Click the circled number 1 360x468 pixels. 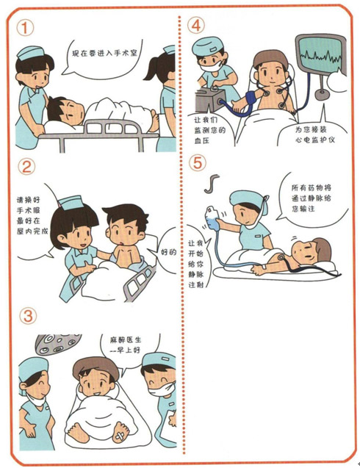tap(25, 28)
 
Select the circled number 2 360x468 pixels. tap(26, 167)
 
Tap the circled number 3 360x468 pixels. tap(28, 316)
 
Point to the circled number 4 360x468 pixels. tap(196, 25)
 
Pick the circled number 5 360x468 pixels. tap(198, 162)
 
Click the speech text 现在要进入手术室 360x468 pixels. tap(104, 53)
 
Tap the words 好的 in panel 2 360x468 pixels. tap(169, 252)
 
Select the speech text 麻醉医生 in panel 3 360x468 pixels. tap(126, 340)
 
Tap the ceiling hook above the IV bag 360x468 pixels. tap(212, 183)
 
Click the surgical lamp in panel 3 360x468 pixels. tap(57, 344)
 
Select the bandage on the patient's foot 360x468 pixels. tap(120, 437)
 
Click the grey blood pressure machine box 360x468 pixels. tap(210, 100)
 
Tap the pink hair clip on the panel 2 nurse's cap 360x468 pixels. tap(60, 204)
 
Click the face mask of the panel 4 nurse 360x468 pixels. tap(211, 65)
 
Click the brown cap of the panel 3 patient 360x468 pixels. tap(96, 367)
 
